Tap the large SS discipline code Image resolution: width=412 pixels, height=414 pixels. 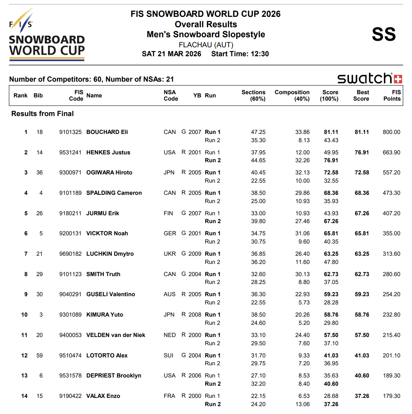(384, 34)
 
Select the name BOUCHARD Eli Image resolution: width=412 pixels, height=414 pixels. (107, 132)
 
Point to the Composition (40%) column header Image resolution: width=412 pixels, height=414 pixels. (292, 95)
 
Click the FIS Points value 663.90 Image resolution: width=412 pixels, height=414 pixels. (391, 153)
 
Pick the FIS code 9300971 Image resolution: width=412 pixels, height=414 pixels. (70, 173)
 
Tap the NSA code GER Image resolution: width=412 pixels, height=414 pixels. (170, 234)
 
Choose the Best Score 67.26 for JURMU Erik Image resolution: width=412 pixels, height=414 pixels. (362, 213)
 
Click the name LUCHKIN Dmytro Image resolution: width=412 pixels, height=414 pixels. (110, 254)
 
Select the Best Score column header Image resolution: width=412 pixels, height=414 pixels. (361, 95)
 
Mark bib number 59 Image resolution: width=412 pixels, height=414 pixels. (39, 356)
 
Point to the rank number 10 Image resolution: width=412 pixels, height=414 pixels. (24, 315)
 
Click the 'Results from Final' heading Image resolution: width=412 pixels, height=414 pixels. (43, 114)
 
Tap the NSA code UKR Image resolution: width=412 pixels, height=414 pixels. (170, 254)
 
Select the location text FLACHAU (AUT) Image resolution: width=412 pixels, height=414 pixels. (206, 45)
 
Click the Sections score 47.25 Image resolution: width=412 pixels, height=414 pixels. (258, 132)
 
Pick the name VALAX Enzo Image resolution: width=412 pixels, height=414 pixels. (103, 396)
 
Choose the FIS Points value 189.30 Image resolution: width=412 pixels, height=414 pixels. (391, 376)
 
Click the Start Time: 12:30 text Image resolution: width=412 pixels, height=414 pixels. (240, 54)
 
